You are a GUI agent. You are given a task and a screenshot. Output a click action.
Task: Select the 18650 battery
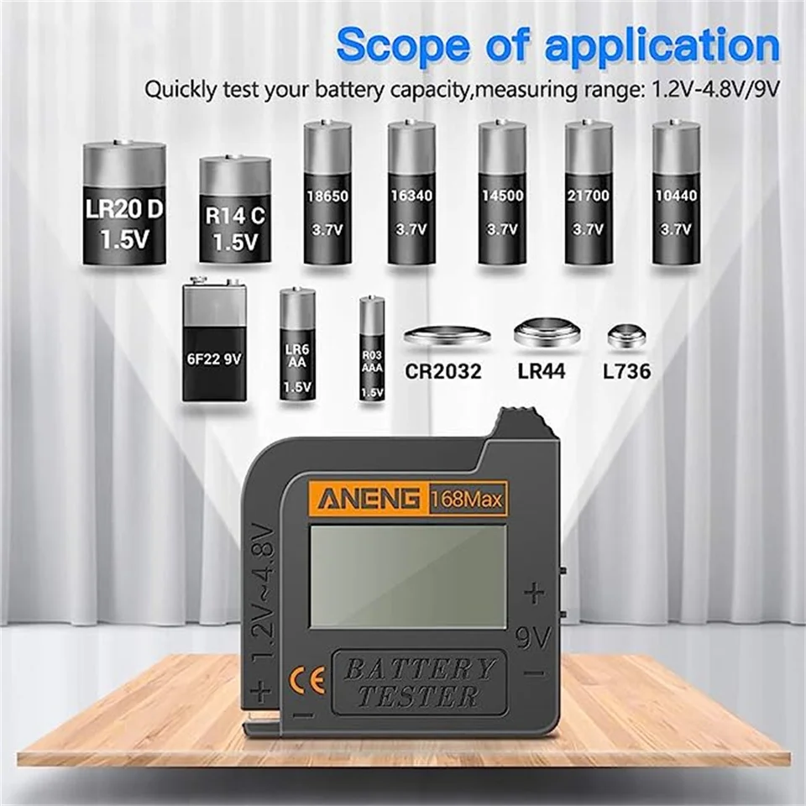327,192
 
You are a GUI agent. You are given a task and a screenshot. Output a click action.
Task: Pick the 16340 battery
411,192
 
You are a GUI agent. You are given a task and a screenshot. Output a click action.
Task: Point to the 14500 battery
502,192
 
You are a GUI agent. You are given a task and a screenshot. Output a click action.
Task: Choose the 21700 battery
589,192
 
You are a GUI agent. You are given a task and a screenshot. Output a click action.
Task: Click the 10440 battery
676,192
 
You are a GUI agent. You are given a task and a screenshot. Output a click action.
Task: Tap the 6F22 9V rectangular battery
214,339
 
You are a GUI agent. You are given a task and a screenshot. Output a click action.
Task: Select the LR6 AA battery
297,344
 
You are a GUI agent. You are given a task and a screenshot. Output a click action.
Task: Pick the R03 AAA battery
372,348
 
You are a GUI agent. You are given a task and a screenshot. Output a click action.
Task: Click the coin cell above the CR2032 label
447,336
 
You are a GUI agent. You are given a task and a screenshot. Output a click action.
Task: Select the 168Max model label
466,499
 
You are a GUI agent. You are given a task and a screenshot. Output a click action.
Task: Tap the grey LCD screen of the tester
408,576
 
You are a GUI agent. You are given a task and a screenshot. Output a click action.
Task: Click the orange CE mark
308,681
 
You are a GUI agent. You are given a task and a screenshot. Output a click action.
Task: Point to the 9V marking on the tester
533,638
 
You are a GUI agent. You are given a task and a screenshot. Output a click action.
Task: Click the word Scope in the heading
404,45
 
